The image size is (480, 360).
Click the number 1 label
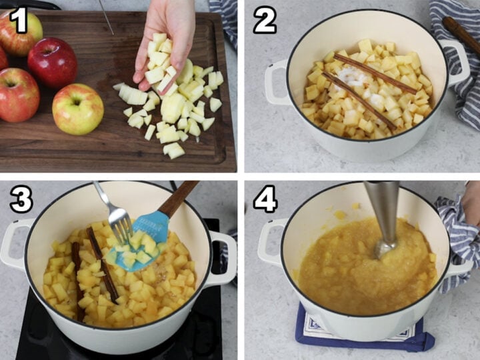point(18,20)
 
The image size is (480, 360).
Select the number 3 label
point(20,199)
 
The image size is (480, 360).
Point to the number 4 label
point(265,199)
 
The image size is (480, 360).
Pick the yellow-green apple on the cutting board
point(77,109)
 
